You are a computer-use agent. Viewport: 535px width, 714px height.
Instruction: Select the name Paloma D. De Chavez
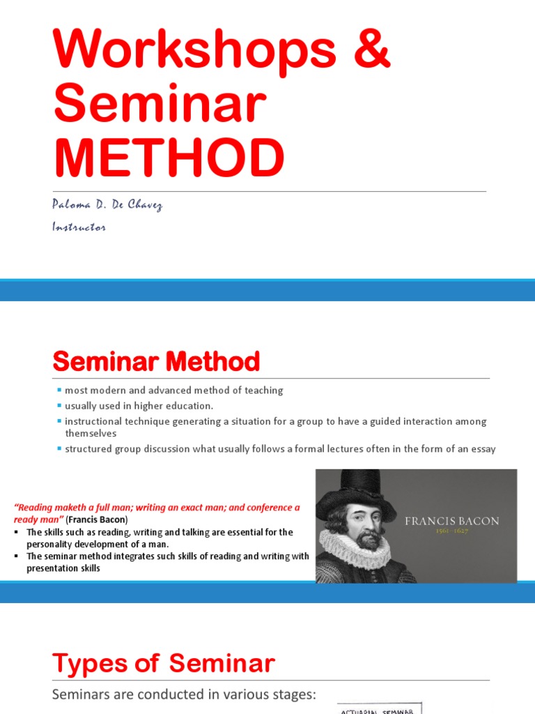tap(106, 205)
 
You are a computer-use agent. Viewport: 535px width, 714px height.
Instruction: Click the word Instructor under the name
tap(78, 227)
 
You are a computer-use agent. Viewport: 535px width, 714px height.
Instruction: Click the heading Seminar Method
tap(156, 362)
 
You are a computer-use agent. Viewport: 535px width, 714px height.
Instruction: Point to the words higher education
tap(180, 406)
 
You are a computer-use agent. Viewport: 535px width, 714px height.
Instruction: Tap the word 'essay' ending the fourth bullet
tap(482, 449)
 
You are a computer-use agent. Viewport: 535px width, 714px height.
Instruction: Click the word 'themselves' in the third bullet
tap(91, 433)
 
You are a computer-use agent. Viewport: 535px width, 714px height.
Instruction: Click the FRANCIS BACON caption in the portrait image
tap(452, 521)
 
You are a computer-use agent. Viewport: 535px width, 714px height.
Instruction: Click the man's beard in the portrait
tap(367, 538)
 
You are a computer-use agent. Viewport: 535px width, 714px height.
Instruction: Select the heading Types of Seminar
tap(164, 663)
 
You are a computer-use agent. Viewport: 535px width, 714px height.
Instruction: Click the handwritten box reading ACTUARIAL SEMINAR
tap(380, 709)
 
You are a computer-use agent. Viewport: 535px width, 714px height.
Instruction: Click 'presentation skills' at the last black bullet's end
tap(63, 568)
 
